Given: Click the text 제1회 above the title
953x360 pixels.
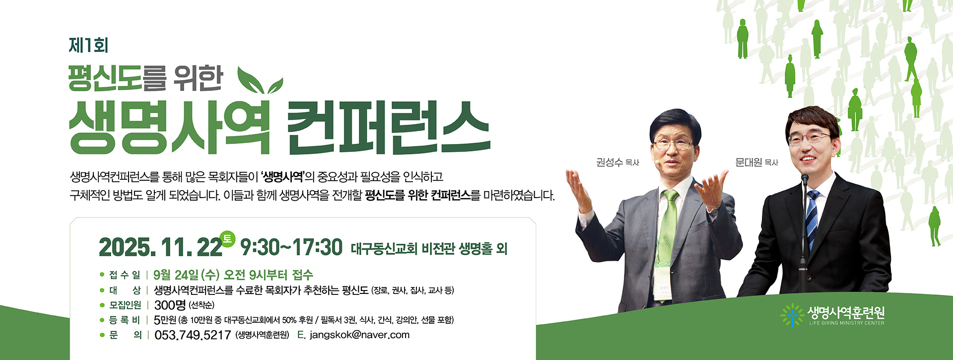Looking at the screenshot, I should (88, 45).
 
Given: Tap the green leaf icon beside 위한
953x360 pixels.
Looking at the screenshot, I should (259, 80).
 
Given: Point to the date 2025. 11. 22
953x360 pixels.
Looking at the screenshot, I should (160, 247).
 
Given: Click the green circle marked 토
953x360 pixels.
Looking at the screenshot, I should (227, 239).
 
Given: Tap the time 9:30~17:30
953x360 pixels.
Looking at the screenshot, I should (291, 247).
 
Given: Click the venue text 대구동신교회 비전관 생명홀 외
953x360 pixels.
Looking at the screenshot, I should (429, 248).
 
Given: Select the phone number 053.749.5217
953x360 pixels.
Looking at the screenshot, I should (193, 335).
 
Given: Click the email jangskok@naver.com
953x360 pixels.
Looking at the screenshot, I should (359, 335).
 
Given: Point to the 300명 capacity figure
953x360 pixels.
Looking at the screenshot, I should (170, 305).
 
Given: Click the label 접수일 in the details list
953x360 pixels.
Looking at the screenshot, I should (125, 275).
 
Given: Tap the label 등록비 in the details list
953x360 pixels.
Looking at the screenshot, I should (125, 320).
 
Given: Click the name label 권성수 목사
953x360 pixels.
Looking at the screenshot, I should (617, 162).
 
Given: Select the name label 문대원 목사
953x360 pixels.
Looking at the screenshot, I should (756, 162).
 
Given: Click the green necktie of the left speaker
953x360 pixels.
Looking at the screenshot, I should (668, 223).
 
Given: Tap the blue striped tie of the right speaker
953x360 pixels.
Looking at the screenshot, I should (812, 218).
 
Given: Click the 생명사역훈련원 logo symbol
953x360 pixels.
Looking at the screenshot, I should (792, 315).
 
